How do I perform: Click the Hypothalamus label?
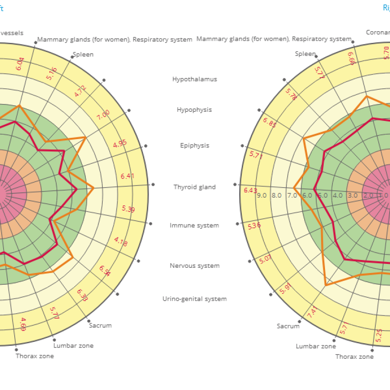tap(195, 79)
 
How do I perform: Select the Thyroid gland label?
tap(195, 187)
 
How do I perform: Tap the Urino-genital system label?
tap(195, 299)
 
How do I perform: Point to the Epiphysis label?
tap(195, 145)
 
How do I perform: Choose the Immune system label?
tap(195, 225)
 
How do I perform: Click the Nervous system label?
tap(195, 266)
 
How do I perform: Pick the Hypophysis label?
tap(195, 110)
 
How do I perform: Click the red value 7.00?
tap(103, 115)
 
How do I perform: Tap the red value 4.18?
tap(121, 242)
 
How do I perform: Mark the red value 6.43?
tap(250, 190)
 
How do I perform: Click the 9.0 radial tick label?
tap(262, 195)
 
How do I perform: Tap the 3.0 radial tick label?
tap(353, 195)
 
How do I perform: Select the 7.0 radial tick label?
tap(292, 195)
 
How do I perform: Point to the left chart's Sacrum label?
tap(100, 325)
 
